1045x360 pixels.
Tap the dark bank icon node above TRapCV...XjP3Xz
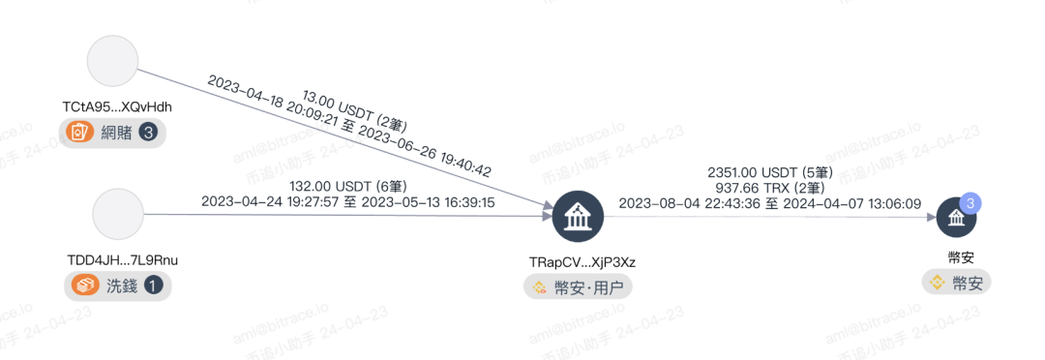578,216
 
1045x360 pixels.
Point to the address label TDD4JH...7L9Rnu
123,260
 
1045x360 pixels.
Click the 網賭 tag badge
112,133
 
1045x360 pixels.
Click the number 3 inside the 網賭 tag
148,133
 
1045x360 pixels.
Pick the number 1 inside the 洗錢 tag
153,286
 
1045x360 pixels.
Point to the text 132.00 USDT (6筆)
348,186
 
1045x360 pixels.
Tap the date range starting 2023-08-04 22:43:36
770,204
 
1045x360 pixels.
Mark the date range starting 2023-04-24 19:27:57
348,202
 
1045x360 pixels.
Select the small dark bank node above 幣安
956,217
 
